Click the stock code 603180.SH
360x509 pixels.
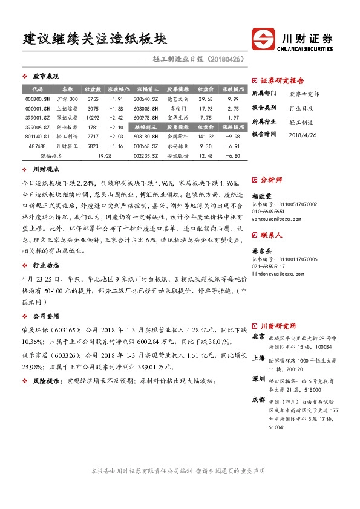(146, 137)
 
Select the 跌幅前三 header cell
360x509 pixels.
(146, 127)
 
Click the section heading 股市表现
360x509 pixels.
(45, 76)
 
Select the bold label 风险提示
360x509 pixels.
(48, 381)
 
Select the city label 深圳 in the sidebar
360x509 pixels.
(258, 378)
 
